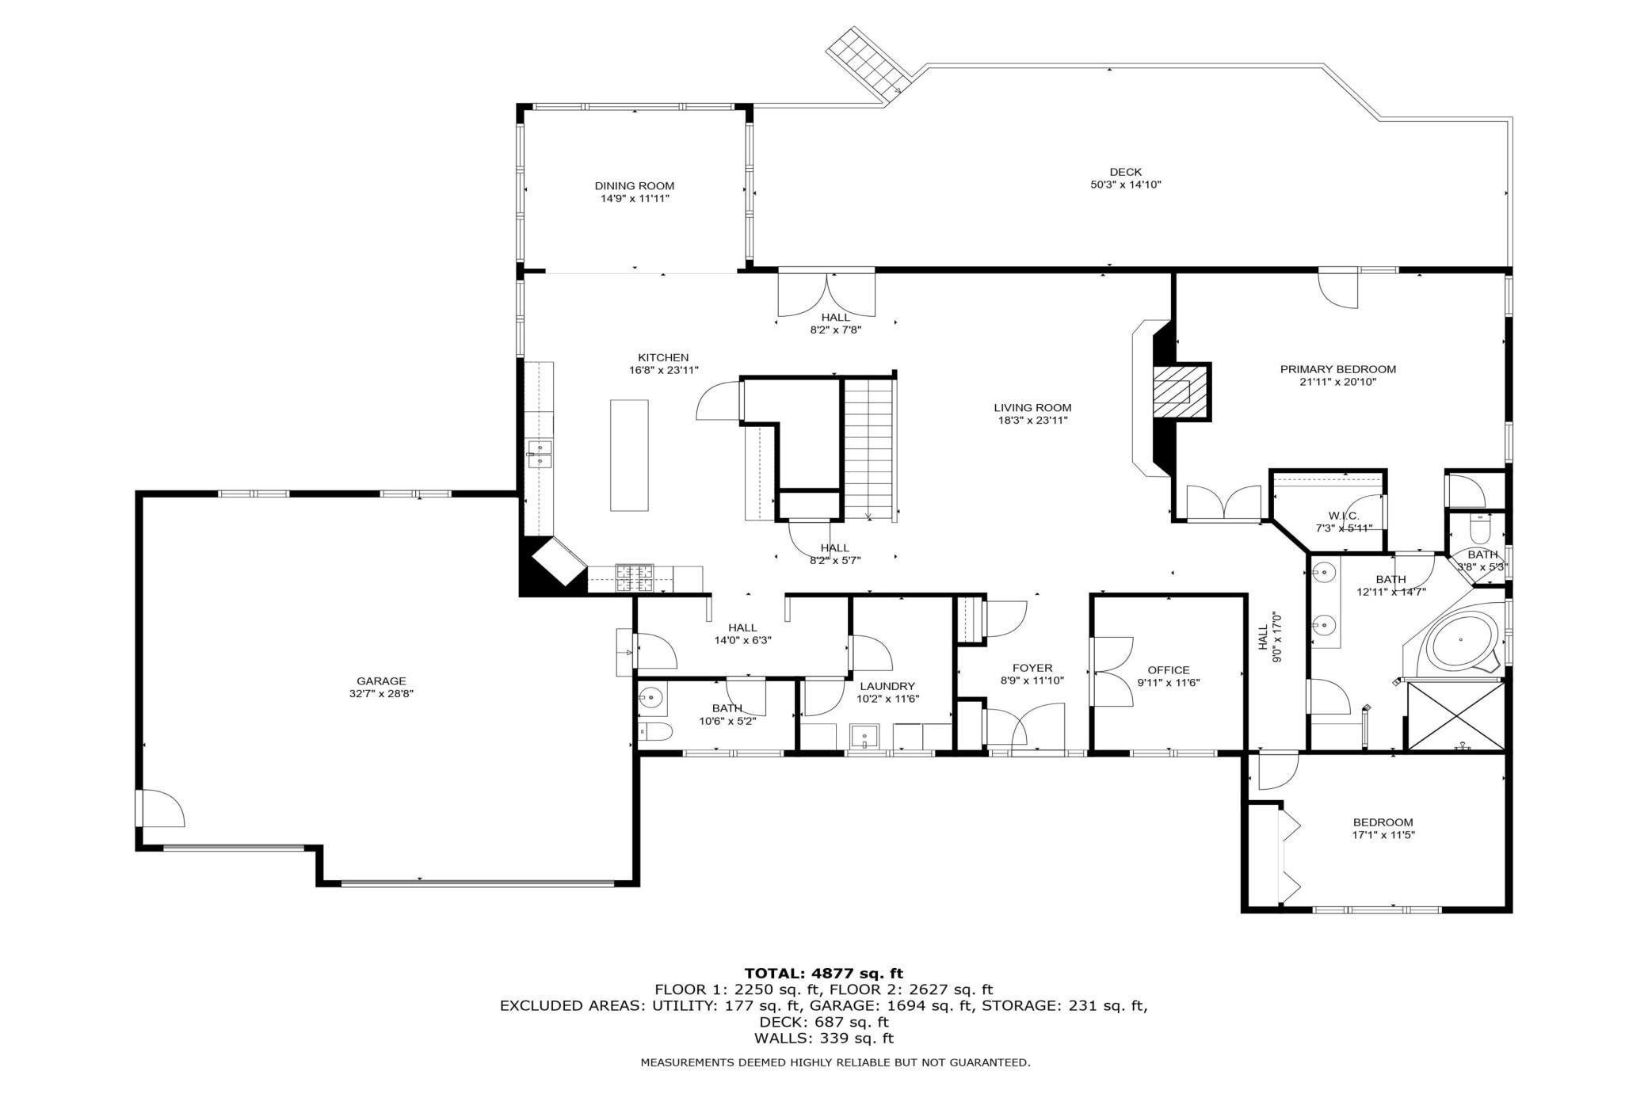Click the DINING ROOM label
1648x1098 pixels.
634,186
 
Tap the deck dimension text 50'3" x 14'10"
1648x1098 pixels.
1125,185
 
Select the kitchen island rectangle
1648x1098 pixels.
629,455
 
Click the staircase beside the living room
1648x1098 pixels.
869,448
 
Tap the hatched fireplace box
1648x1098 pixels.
1180,392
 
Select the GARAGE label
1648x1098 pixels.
381,681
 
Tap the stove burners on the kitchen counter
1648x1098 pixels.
635,578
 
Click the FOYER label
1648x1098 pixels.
1032,668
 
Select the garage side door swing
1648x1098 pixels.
161,809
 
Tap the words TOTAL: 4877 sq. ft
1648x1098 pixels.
823,973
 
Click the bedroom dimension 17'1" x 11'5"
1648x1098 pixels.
1383,834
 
